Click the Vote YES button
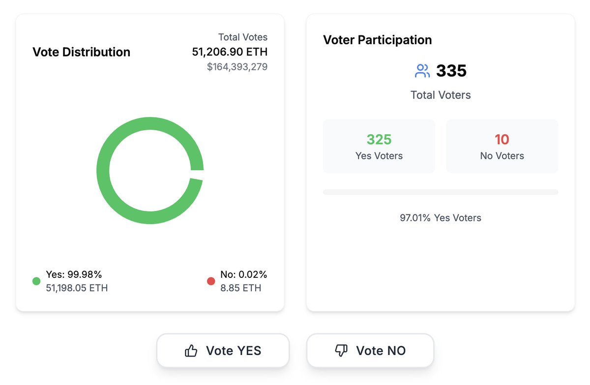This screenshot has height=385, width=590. [223, 351]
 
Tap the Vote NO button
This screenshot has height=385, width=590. [370, 351]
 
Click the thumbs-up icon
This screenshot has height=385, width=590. [191, 351]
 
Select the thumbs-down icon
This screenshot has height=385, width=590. [341, 351]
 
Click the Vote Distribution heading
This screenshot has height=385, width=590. [81, 52]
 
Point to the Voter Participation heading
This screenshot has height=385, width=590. [377, 40]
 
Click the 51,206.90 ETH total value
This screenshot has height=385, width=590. [230, 52]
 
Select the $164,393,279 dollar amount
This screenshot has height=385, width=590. [237, 66]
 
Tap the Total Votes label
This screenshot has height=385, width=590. [243, 37]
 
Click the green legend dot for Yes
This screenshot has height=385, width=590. [36, 281]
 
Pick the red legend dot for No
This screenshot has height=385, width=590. [211, 281]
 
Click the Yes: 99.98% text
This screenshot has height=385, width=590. [74, 274]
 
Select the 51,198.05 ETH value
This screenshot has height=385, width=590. [77, 288]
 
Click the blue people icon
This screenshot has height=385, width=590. [422, 71]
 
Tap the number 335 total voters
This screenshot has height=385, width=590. [451, 71]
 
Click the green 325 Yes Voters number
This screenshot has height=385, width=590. [379, 140]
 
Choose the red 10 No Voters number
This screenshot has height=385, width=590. [501, 140]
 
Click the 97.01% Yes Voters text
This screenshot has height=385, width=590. [440, 217]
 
